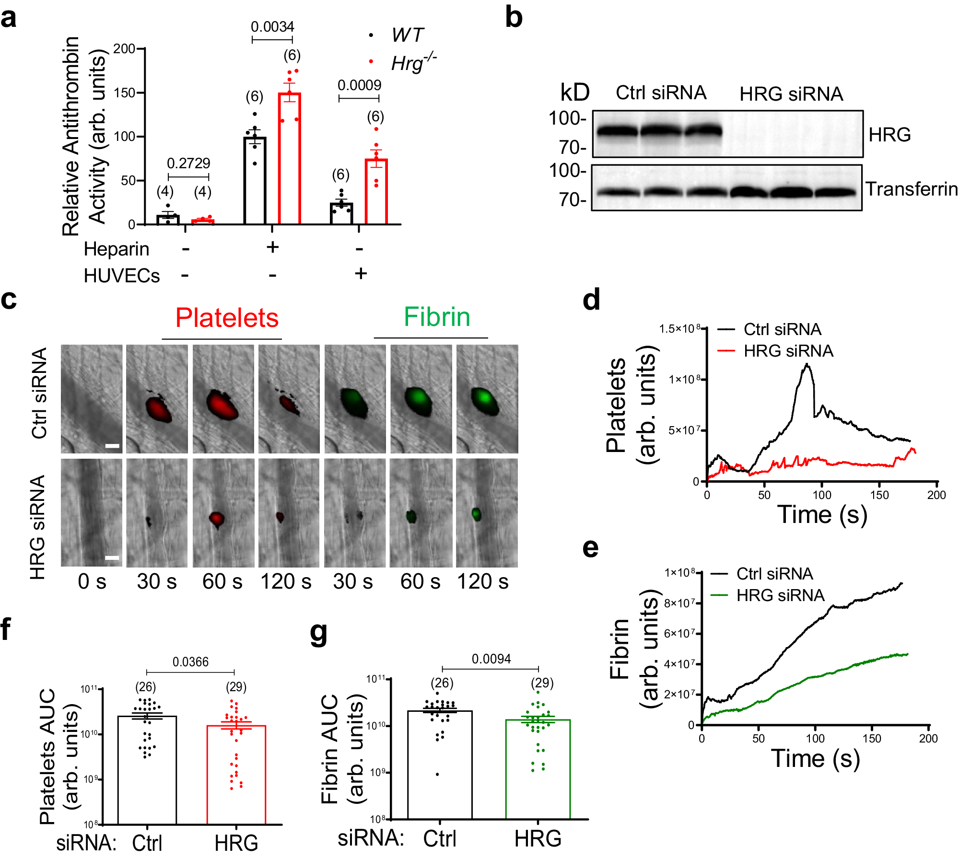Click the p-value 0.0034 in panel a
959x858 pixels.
tap(272, 27)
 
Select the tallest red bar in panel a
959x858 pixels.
tap(290, 158)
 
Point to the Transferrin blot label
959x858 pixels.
tap(911, 189)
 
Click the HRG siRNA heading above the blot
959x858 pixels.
tap(791, 94)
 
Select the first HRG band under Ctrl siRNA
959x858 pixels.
tap(617, 130)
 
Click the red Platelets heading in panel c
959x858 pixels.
tap(227, 318)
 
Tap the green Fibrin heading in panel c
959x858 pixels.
tap(437, 317)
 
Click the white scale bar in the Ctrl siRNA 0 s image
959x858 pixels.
tap(112, 446)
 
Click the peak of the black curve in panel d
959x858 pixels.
tap(807, 365)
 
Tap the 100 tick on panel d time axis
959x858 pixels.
tap(822, 495)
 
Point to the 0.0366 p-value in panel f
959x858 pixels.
tap(190, 662)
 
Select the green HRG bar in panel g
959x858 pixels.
tap(538, 769)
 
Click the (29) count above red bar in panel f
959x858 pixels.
tap(236, 687)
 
